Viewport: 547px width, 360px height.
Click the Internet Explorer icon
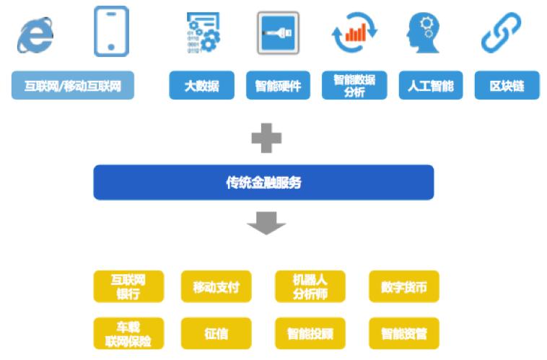point(35,35)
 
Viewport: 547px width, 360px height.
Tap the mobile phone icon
point(111,31)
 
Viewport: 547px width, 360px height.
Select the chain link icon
point(501,32)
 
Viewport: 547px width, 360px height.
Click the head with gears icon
point(423,33)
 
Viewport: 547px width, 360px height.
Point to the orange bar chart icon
point(355,32)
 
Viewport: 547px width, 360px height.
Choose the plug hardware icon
point(278,33)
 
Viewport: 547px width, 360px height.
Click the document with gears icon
point(204,32)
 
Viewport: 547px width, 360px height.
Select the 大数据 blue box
point(201,85)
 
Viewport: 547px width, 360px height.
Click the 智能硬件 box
point(278,85)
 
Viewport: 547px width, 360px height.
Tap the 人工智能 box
point(431,85)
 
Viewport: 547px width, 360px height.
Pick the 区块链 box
point(507,85)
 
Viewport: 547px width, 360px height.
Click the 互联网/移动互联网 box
point(73,85)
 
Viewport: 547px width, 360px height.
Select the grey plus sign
point(266,138)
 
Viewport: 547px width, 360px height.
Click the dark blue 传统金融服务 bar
point(263,183)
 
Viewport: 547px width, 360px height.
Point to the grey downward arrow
point(266,223)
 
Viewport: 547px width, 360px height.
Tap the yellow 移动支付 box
point(216,286)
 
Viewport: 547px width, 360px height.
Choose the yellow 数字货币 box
point(404,286)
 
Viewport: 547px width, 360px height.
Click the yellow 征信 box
point(216,333)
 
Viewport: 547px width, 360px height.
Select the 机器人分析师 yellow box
point(310,286)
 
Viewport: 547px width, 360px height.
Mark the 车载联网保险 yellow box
point(128,333)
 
